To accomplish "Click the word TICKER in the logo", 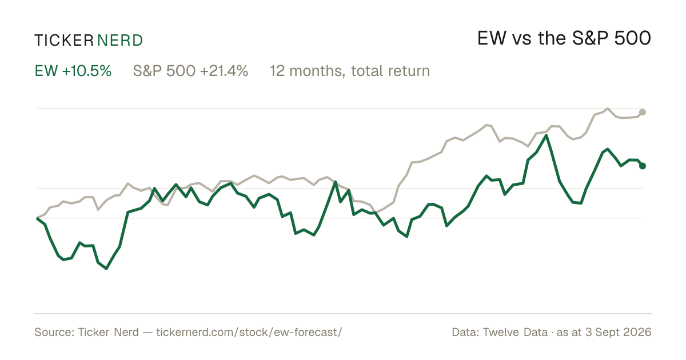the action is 64,41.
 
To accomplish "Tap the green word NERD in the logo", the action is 120,41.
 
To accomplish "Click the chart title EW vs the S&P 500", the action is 564,38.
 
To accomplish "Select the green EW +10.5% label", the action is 73,71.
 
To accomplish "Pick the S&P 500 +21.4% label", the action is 190,71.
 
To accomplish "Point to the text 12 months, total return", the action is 350,71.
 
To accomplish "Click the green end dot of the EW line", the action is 643,166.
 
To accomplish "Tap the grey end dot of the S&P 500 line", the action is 643,112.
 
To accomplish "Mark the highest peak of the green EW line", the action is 546,135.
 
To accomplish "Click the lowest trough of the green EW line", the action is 106,269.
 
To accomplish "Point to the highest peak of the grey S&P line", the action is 608,109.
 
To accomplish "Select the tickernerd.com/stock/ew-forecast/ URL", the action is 249,332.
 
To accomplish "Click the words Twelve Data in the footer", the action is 515,332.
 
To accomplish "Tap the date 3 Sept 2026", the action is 619,332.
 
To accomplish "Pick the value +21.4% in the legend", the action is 224,71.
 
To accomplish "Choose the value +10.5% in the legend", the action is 87,71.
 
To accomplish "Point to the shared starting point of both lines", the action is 37,218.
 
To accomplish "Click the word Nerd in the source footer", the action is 126,332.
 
